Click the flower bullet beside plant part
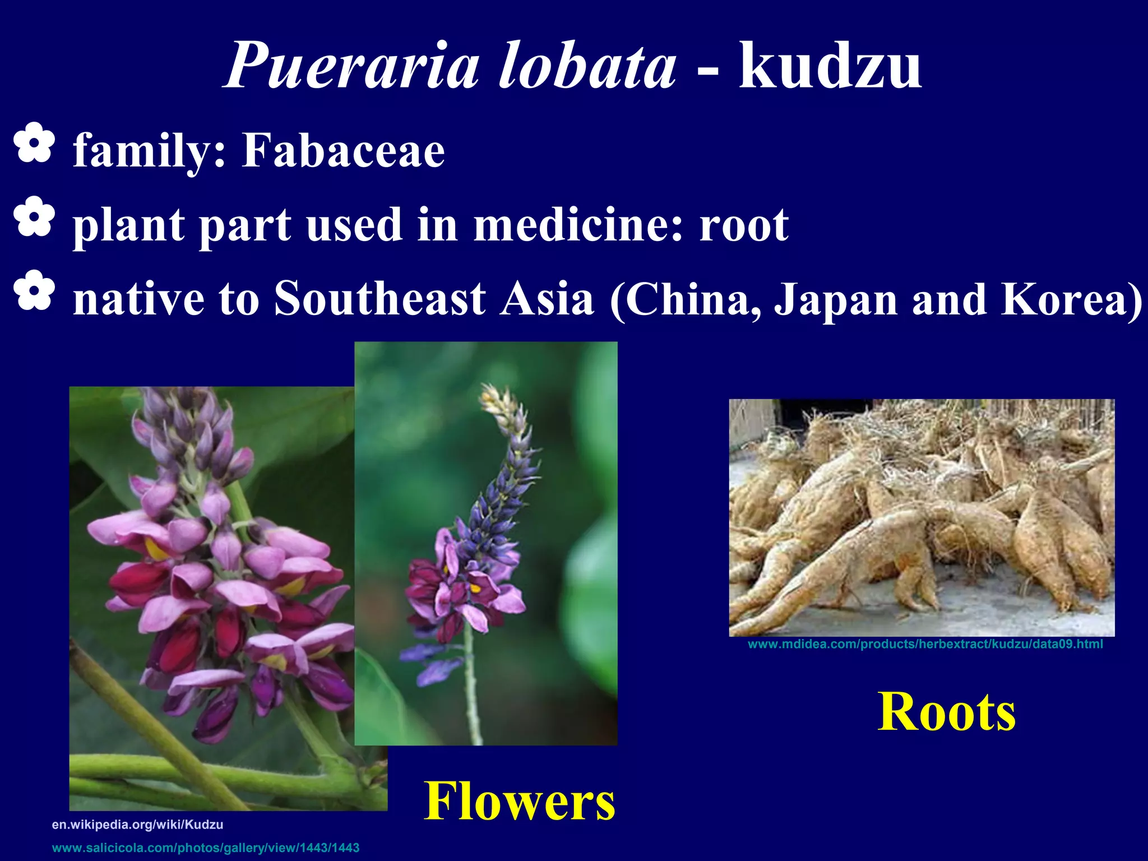[x=34, y=217]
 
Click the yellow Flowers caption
[x=519, y=802]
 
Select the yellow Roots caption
[x=946, y=712]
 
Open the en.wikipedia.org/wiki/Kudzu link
[x=137, y=825]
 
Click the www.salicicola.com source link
[x=206, y=848]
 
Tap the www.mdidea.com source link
[x=925, y=644]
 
